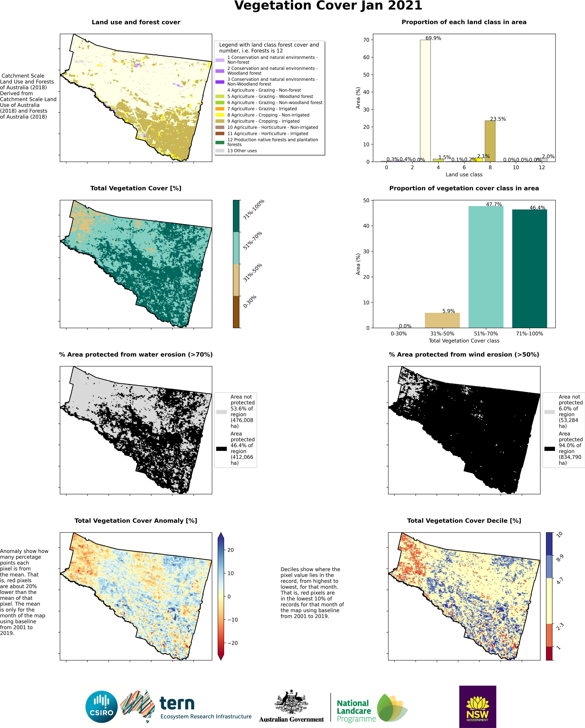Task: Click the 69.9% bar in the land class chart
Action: (x=425, y=101)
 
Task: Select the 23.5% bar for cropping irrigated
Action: (x=490, y=141)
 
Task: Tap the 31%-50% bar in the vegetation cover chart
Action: (x=442, y=320)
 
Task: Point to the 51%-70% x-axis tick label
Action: (x=486, y=334)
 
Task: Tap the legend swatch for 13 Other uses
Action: (x=220, y=151)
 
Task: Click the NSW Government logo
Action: (x=478, y=706)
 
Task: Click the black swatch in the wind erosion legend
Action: (x=550, y=449)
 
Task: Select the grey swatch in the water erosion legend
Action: (x=222, y=412)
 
